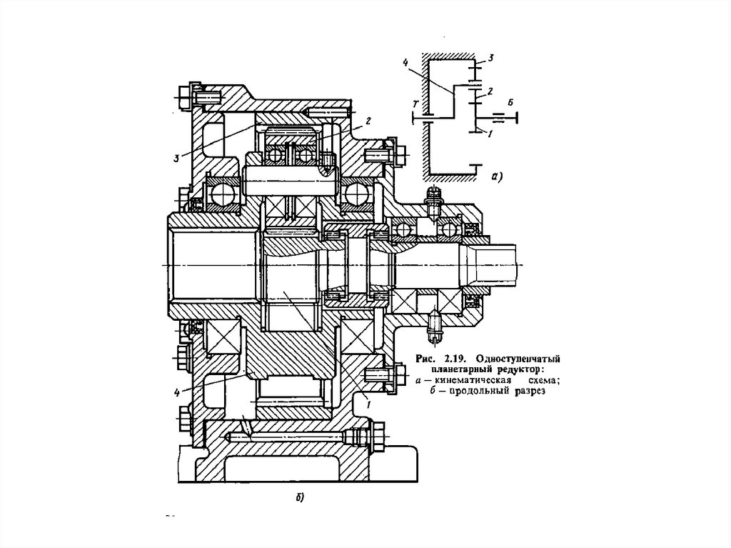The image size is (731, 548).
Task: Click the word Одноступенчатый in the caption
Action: [x=518, y=359]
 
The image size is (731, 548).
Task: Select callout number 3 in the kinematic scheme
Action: [x=490, y=58]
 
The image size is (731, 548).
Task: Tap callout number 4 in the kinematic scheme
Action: [x=405, y=61]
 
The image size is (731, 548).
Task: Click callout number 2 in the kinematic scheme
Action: [x=490, y=91]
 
